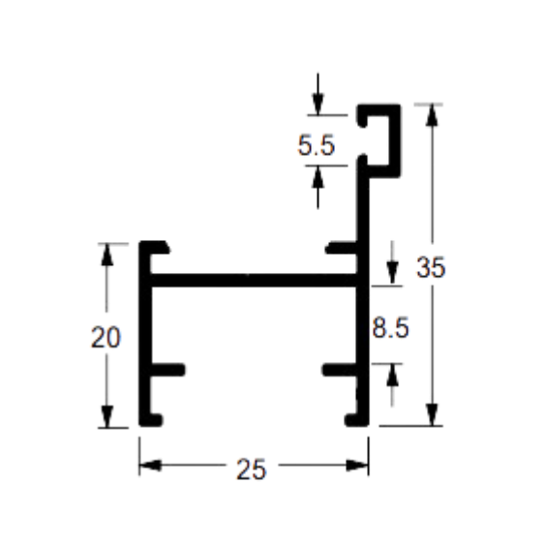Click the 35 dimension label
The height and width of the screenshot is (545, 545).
[431, 267]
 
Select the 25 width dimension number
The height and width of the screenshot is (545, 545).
[251, 469]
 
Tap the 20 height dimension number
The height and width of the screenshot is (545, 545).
[106, 337]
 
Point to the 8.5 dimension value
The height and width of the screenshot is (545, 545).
[390, 328]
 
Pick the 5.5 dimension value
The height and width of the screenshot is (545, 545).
[317, 145]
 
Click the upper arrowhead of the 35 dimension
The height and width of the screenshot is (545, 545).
[432, 114]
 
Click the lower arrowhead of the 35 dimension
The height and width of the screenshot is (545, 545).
[432, 414]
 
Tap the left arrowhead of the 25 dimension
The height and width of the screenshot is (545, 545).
[150, 465]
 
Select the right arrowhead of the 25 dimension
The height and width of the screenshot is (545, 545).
[357, 465]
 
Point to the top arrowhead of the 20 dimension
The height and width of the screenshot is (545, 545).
[106, 255]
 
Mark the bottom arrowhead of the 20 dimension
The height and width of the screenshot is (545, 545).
[106, 416]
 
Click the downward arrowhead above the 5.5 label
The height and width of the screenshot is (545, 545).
[318, 104]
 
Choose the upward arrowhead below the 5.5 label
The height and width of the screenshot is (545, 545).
[318, 177]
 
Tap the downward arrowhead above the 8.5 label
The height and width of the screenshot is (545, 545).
[392, 274]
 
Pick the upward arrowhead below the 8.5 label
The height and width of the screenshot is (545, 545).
[392, 375]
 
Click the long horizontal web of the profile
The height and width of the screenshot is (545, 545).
[254, 281]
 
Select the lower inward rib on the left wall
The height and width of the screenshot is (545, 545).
[167, 370]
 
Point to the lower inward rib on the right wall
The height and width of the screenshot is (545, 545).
[341, 370]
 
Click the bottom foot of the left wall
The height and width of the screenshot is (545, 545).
[150, 420]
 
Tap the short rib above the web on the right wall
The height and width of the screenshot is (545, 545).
[342, 248]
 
